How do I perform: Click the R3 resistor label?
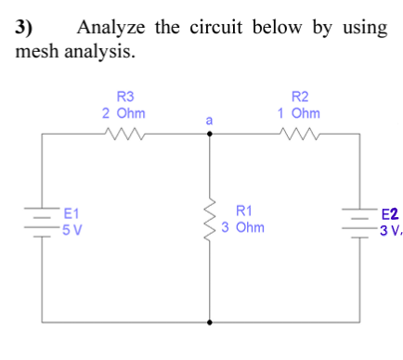(123, 96)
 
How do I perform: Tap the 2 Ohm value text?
(123, 111)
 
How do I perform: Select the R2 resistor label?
(299, 96)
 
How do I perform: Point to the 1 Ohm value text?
(299, 111)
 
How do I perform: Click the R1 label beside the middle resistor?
(246, 212)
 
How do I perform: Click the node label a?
(209, 120)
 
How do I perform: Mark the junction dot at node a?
(209, 135)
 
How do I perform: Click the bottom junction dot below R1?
(209, 323)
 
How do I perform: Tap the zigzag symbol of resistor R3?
(123, 135)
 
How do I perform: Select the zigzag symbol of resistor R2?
(299, 135)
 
